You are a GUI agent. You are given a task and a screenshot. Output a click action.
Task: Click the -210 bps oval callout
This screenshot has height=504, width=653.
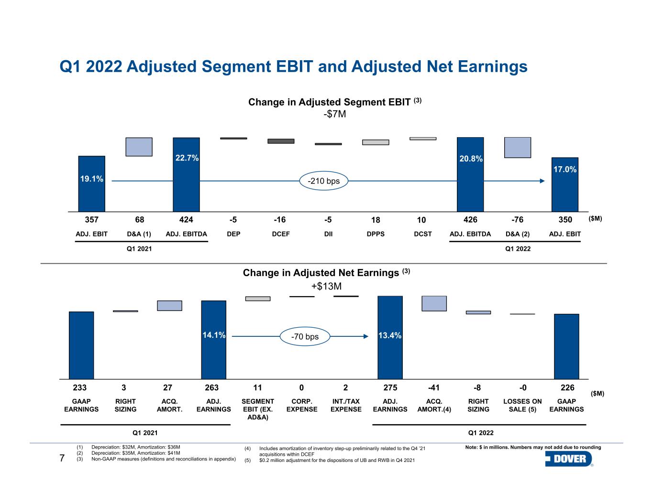tap(324, 181)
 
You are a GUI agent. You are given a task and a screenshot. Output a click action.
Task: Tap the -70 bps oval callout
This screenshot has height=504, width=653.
tap(305, 336)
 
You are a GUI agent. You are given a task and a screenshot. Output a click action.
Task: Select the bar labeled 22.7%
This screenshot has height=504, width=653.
tap(186, 174)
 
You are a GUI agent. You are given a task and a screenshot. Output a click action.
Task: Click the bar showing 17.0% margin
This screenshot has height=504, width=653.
tap(564, 184)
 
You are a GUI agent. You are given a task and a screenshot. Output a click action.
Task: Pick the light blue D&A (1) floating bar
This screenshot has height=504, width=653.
tap(139, 147)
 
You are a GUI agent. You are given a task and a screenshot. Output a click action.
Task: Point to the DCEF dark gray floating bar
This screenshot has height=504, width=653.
tap(281, 141)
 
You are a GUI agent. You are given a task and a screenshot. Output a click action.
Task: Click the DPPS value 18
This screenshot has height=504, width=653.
tap(376, 220)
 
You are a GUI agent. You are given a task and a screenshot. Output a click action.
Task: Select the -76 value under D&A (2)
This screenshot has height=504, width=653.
tap(517, 220)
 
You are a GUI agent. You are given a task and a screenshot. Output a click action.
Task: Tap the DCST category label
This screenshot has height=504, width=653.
tap(422, 234)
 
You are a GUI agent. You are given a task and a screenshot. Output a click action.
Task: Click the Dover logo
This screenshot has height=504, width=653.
tap(569, 459)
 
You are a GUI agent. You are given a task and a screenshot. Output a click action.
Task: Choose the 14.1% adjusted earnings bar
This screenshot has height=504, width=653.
tap(213, 340)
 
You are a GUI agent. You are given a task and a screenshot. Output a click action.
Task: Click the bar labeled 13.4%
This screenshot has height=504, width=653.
tap(390, 337)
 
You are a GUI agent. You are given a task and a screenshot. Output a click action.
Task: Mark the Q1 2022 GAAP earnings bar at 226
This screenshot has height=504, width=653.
tap(566, 346)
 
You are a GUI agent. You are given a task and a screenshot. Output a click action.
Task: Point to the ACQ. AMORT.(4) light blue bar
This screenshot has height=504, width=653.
tap(434, 304)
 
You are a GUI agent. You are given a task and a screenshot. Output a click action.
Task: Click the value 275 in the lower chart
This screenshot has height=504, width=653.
tap(390, 387)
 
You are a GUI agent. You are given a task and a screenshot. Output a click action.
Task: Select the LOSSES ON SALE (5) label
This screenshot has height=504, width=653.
tap(522, 405)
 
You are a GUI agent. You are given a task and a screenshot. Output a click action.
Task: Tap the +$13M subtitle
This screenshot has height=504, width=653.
tap(326, 286)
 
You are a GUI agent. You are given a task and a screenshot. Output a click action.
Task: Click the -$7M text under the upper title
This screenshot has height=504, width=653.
tap(334, 114)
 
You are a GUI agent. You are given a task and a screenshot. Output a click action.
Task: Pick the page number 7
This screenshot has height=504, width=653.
tap(62, 458)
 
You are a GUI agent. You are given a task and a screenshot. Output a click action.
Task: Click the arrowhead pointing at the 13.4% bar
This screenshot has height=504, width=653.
tap(365, 336)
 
